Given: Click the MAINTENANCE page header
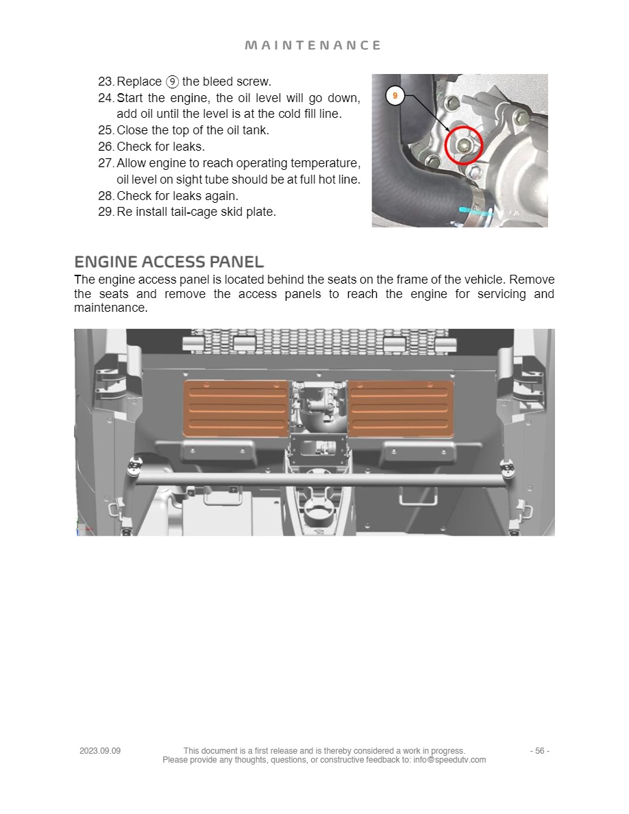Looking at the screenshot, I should pyautogui.click(x=313, y=45).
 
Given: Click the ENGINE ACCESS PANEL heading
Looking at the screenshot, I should pyautogui.click(x=169, y=262).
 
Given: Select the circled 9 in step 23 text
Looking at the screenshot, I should pyautogui.click(x=172, y=82).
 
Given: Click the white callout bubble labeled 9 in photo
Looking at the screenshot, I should pyautogui.click(x=395, y=96).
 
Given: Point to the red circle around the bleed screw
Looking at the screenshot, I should pyautogui.click(x=464, y=145).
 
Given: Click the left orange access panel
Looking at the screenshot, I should pyautogui.click(x=236, y=408).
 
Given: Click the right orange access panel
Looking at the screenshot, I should pyautogui.click(x=401, y=408).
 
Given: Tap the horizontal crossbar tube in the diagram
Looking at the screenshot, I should pyautogui.click(x=315, y=478).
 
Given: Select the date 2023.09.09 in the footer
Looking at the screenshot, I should pyautogui.click(x=100, y=751).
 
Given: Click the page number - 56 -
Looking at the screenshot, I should pyautogui.click(x=539, y=751).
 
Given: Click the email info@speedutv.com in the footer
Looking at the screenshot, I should pyautogui.click(x=449, y=760).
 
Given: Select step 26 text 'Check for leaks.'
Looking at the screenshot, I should pyautogui.click(x=161, y=147).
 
